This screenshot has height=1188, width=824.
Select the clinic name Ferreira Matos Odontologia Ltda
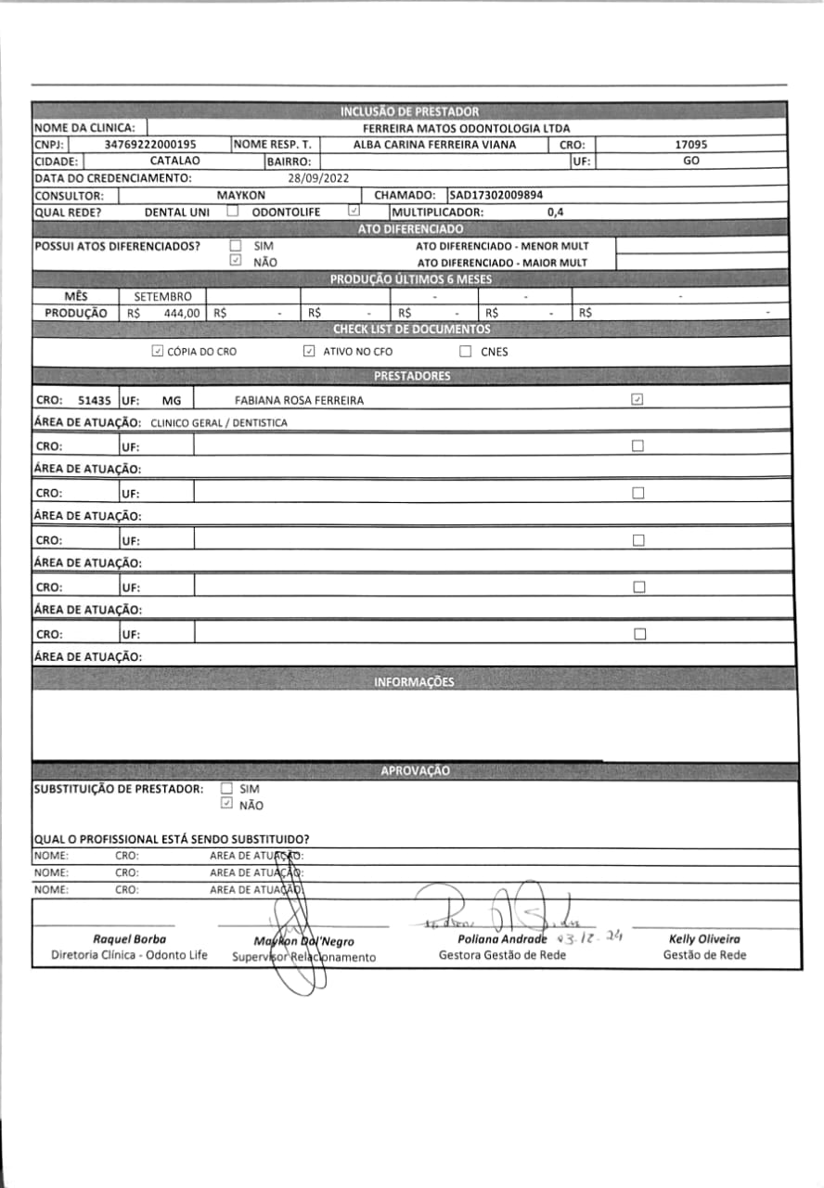pyautogui.click(x=466, y=128)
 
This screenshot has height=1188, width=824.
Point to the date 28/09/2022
pyautogui.click(x=317, y=178)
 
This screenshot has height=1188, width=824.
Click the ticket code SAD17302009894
pyautogui.click(x=496, y=196)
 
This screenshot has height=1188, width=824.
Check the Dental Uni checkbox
pyautogui.click(x=233, y=212)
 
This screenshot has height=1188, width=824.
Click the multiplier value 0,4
pyautogui.click(x=556, y=213)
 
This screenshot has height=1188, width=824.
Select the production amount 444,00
pyautogui.click(x=181, y=314)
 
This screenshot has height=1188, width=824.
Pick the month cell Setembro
pyautogui.click(x=163, y=296)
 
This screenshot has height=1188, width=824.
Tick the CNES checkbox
pyautogui.click(x=466, y=352)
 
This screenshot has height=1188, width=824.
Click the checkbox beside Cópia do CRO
pyautogui.click(x=157, y=352)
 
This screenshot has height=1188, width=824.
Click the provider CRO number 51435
pyautogui.click(x=95, y=400)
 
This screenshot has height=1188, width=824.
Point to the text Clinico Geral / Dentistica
pyautogui.click(x=219, y=422)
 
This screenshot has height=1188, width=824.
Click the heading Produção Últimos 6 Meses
pyautogui.click(x=411, y=279)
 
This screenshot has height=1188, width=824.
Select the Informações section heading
pyautogui.click(x=414, y=682)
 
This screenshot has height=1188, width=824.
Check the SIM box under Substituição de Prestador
pyautogui.click(x=225, y=789)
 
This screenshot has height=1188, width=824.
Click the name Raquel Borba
pyautogui.click(x=129, y=939)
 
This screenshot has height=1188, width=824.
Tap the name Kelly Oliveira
pyautogui.click(x=704, y=939)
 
